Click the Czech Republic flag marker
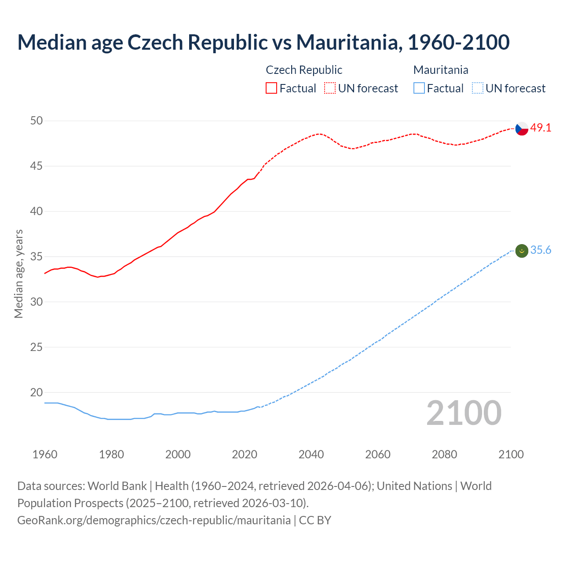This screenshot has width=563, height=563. click(x=522, y=128)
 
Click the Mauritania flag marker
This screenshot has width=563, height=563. click(x=522, y=251)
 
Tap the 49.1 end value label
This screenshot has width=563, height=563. click(x=541, y=128)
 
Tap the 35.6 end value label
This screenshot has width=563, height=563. click(x=541, y=250)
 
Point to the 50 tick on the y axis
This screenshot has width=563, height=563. click(x=37, y=121)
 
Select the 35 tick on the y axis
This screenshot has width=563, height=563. click(x=37, y=256)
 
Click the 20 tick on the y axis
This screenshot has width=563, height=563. click(x=37, y=392)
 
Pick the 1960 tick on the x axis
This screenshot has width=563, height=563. click(x=45, y=454)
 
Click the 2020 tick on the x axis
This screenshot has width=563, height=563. click(x=245, y=454)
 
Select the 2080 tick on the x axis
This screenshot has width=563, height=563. click(x=444, y=454)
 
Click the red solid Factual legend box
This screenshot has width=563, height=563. click(x=271, y=88)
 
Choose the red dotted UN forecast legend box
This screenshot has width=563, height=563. click(x=330, y=88)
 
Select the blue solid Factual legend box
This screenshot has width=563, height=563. click(x=419, y=88)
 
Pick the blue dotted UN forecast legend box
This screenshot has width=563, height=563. click(x=477, y=88)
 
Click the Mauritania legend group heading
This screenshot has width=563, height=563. click(x=441, y=70)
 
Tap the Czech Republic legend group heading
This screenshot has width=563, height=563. click(x=304, y=70)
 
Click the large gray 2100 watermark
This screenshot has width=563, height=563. click(x=464, y=413)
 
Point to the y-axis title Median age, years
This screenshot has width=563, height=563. click(x=18, y=274)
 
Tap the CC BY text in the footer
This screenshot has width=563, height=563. click(x=315, y=520)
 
